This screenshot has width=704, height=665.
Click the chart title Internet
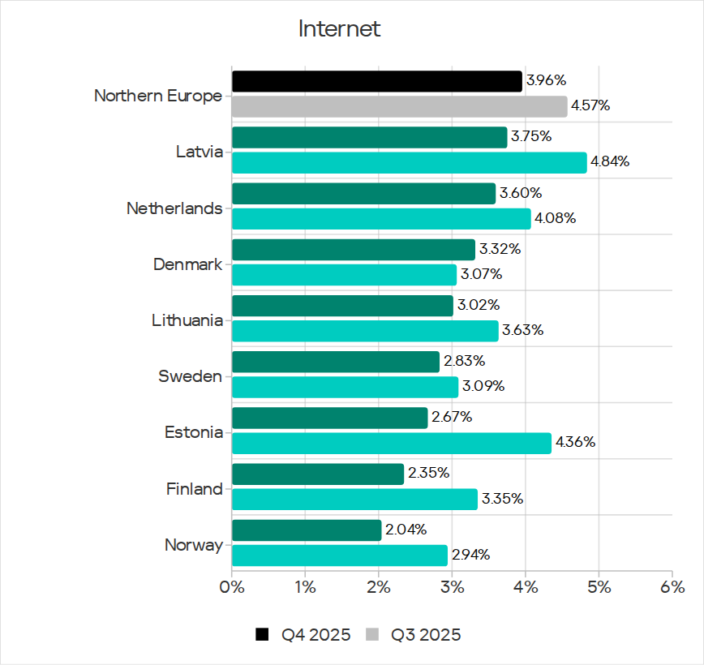tap(339, 29)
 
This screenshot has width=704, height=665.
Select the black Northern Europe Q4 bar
tap(376, 81)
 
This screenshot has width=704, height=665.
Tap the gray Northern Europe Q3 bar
tap(399, 106)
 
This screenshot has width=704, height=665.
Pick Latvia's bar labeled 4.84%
tap(409, 162)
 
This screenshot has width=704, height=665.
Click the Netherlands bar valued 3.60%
tap(363, 193)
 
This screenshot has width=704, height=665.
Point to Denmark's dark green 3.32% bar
tap(353, 249)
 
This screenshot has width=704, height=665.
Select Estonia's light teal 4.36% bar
tap(391, 443)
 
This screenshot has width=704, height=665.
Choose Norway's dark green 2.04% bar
tap(307, 530)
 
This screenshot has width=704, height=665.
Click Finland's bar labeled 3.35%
tap(354, 499)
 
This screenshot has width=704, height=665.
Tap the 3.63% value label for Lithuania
tap(523, 331)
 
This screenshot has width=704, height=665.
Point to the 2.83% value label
tap(464, 361)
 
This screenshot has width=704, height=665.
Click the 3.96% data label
tap(546, 80)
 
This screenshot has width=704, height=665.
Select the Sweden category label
tap(190, 376)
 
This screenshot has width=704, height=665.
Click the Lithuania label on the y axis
tap(187, 320)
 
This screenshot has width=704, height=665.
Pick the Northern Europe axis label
tap(157, 96)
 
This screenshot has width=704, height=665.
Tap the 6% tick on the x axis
tap(672, 586)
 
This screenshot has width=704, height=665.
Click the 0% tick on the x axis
tap(232, 586)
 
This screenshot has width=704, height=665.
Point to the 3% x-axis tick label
tap(452, 586)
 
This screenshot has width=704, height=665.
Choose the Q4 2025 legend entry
tap(303, 635)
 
